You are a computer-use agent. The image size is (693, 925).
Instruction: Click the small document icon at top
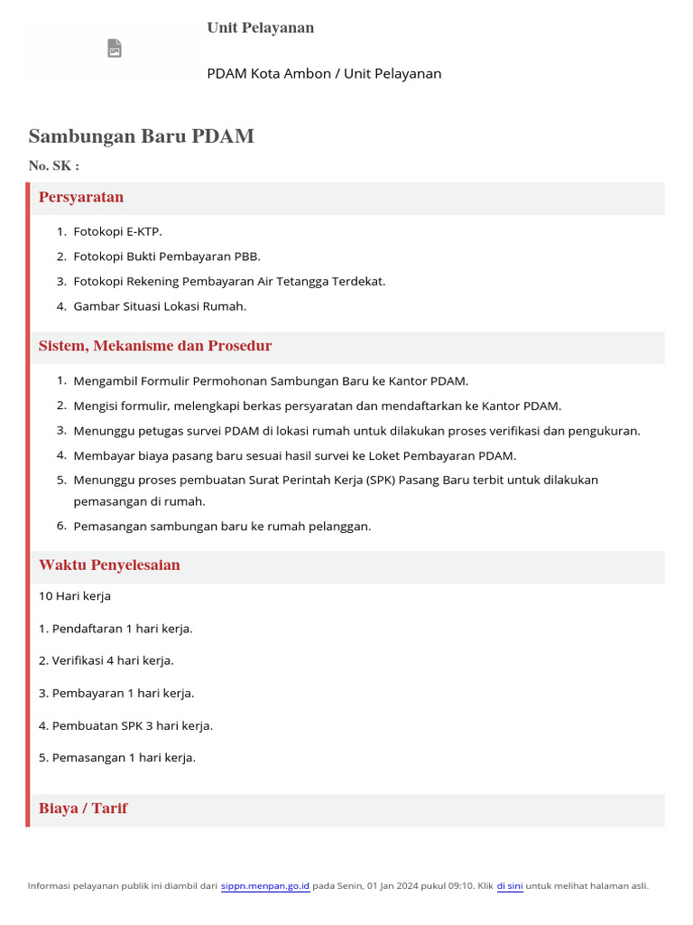tap(115, 48)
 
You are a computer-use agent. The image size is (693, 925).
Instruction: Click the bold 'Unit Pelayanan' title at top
tap(260, 28)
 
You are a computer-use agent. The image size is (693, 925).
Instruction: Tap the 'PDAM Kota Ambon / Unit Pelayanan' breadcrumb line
tap(324, 73)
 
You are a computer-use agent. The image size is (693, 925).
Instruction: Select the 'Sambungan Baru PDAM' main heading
tap(141, 136)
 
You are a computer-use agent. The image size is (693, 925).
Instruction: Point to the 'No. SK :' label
tap(53, 165)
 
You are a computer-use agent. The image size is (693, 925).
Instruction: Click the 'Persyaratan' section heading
tap(81, 197)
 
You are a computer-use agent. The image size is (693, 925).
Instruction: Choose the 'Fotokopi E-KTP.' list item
tap(117, 231)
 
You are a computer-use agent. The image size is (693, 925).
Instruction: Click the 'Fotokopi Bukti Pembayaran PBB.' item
tap(167, 257)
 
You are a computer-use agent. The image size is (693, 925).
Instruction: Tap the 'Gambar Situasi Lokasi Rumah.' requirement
tap(160, 306)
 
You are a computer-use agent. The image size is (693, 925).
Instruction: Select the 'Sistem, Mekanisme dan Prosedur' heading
tap(155, 346)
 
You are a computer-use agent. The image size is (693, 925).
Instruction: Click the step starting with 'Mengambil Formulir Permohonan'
tap(271, 381)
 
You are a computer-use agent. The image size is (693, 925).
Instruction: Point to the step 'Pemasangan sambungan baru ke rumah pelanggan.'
tap(222, 527)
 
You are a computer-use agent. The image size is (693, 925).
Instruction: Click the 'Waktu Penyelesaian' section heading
tap(109, 565)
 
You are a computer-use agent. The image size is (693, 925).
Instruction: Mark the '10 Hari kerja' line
tap(75, 596)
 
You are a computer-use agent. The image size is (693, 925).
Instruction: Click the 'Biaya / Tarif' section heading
tap(83, 808)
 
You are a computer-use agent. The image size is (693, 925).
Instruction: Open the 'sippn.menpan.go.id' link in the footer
tap(265, 886)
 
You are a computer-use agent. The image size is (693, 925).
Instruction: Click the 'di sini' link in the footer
tap(510, 886)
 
